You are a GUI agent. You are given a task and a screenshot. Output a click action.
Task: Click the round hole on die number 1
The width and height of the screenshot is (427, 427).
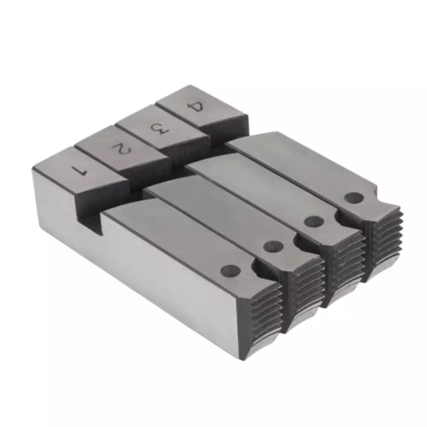click(x=231, y=270)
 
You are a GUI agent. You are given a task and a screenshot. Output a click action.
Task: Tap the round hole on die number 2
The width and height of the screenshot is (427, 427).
click(x=273, y=246)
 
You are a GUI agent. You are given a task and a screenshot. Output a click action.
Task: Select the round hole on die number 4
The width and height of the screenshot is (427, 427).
click(x=353, y=197)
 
